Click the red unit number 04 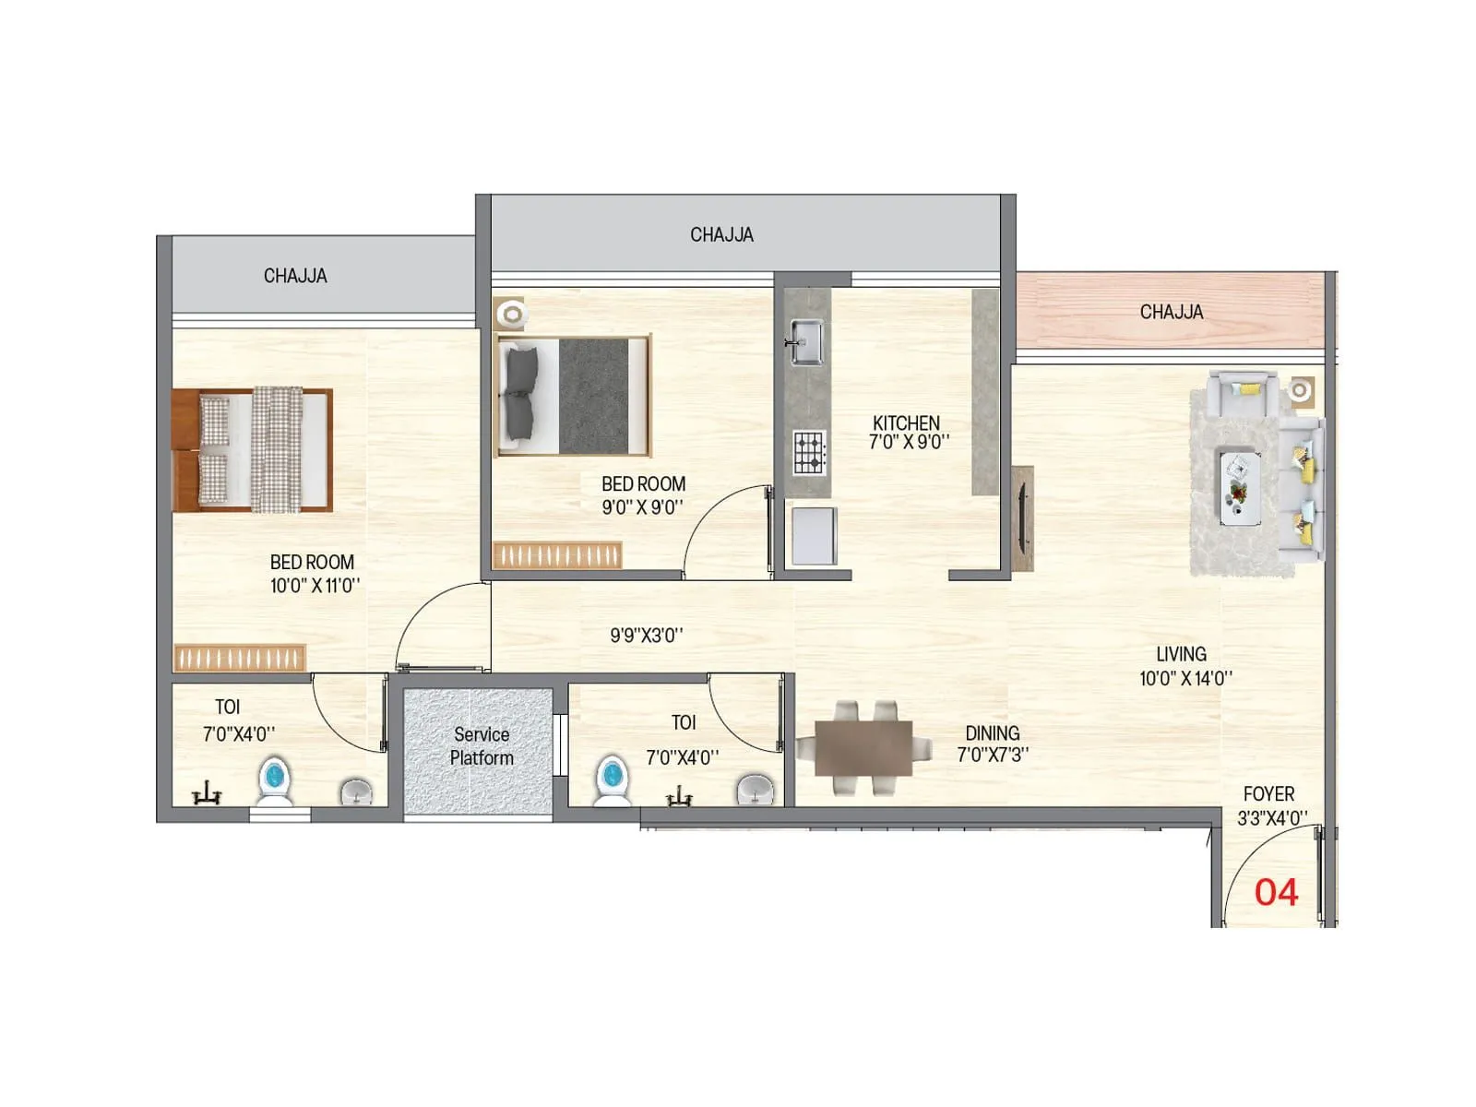click(1276, 892)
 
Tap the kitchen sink click(805, 341)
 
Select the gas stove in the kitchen click(809, 453)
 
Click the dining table click(863, 747)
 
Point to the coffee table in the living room click(1239, 487)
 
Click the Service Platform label click(481, 745)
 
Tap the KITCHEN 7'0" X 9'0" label click(908, 432)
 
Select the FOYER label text click(1269, 794)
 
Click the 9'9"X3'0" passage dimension click(646, 635)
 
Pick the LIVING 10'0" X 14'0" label click(1184, 665)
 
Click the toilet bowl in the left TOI click(274, 780)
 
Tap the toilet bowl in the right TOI click(611, 780)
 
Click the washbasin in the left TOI click(356, 791)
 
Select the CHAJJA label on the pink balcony click(1171, 312)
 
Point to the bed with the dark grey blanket click(574, 396)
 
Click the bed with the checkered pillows click(252, 449)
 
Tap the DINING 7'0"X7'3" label click(993, 743)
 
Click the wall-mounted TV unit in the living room click(1022, 518)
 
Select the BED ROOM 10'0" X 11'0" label click(314, 573)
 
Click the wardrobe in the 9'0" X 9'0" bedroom click(557, 555)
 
